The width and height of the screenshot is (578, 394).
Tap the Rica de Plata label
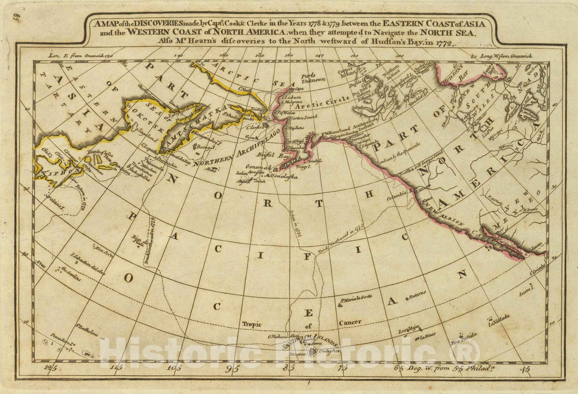[139, 239]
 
